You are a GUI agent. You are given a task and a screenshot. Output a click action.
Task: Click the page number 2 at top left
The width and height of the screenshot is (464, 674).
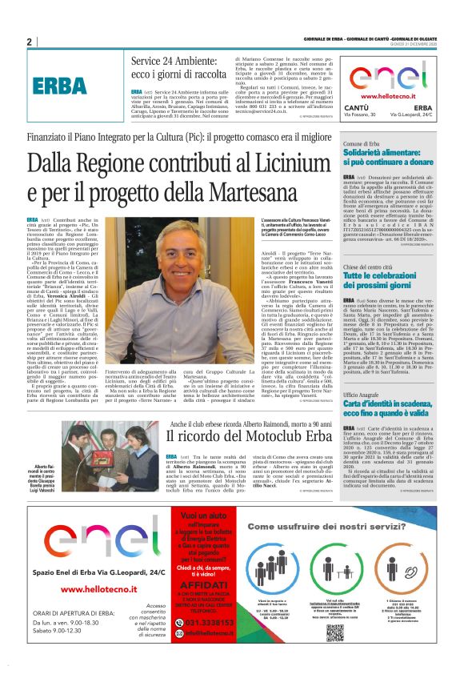pyautogui.click(x=29, y=42)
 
